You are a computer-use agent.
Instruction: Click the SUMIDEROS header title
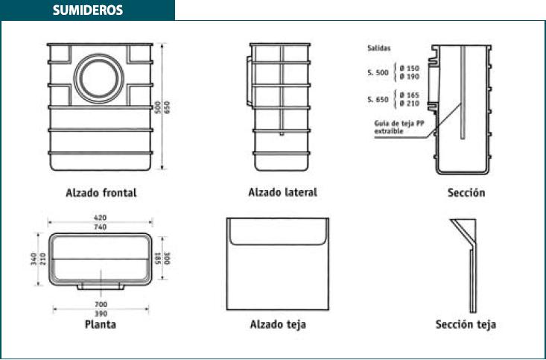click(88, 10)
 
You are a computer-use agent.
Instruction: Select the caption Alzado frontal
click(101, 193)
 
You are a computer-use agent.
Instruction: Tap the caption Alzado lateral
click(283, 192)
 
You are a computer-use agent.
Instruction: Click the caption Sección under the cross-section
click(466, 192)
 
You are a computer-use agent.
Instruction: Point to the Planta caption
click(101, 324)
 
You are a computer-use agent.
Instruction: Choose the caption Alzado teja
click(279, 324)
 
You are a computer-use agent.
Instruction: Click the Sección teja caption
click(466, 324)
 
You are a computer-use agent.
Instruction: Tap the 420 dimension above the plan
click(101, 218)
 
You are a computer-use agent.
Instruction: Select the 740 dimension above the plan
click(101, 227)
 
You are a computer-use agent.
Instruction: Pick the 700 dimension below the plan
click(101, 304)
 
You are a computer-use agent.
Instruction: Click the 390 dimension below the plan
click(101, 314)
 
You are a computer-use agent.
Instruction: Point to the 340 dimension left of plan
click(34, 259)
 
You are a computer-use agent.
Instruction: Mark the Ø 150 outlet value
click(410, 69)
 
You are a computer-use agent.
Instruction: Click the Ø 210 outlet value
click(410, 104)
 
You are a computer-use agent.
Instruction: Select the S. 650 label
click(378, 100)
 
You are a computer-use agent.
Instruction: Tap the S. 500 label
click(378, 73)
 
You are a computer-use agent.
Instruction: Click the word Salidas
click(379, 48)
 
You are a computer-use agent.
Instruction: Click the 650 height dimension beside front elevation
click(167, 107)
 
